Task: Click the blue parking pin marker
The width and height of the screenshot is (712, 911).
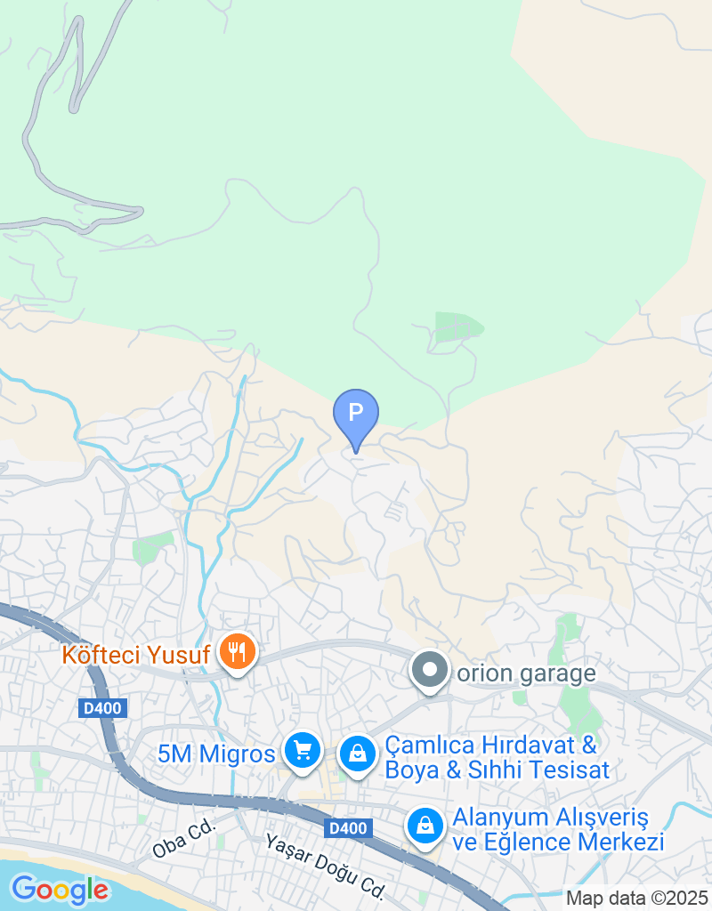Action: tap(355, 414)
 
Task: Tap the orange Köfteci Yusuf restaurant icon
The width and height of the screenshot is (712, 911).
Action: tap(237, 654)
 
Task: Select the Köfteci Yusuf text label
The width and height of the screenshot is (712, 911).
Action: tap(135, 656)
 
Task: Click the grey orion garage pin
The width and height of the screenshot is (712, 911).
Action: tap(430, 671)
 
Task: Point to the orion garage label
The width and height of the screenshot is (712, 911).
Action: tap(526, 673)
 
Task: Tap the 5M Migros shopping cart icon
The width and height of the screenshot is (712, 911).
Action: tap(303, 750)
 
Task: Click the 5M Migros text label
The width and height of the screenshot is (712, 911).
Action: tap(216, 754)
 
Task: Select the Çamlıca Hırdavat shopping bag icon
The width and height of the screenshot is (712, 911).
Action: tap(357, 754)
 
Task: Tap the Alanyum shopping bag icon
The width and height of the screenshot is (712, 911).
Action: tap(426, 826)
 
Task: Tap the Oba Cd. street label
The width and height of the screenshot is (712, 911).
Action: tap(184, 840)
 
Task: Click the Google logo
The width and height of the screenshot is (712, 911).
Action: tap(60, 889)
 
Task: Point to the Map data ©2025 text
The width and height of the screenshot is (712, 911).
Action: tap(637, 899)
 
